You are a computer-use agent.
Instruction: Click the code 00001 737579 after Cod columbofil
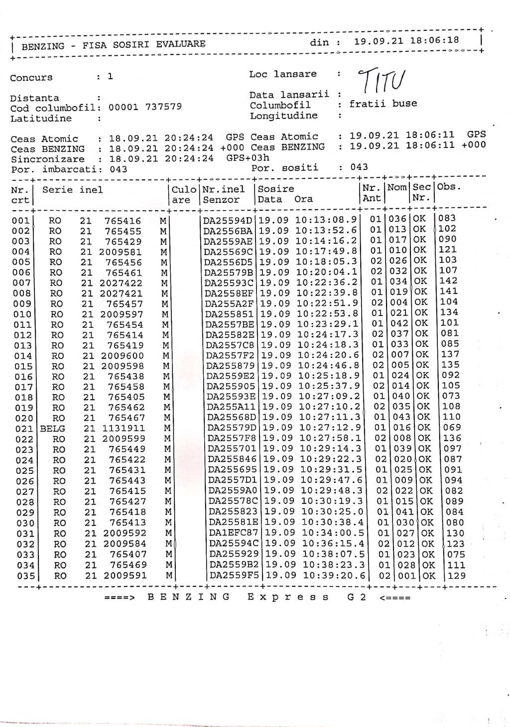(x=145, y=107)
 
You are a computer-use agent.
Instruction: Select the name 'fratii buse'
(x=383, y=104)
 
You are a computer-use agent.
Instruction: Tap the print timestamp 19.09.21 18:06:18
(x=406, y=41)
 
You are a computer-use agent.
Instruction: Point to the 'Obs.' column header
(x=449, y=187)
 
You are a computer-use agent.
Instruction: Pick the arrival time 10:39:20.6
(x=334, y=576)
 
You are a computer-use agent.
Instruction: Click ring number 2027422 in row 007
(x=121, y=284)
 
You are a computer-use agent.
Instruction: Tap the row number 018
(x=22, y=397)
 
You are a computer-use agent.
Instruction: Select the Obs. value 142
(x=449, y=281)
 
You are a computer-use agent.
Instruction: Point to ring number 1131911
(x=124, y=429)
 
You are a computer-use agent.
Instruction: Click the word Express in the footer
(x=288, y=597)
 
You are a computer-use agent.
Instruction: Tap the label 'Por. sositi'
(x=285, y=167)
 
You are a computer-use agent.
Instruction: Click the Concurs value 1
(x=110, y=76)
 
